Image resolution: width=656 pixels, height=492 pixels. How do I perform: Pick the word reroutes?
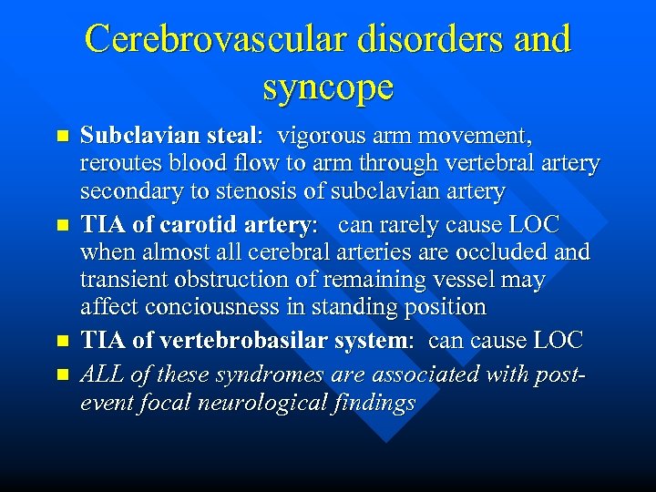pos(118,164)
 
